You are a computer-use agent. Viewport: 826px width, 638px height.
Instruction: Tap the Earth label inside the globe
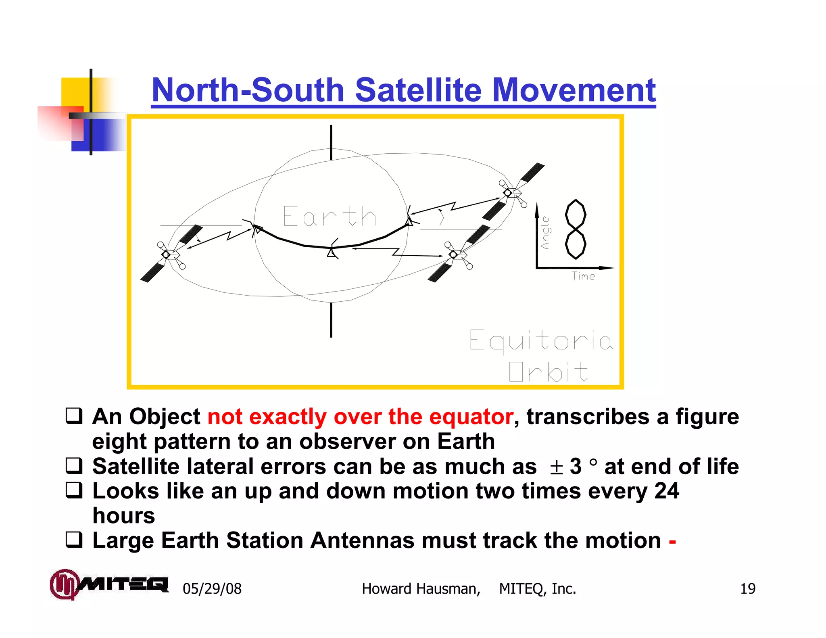(x=330, y=217)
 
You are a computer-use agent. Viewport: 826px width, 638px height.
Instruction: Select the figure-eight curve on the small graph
(x=576, y=229)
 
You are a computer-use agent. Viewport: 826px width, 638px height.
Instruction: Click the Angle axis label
(x=545, y=233)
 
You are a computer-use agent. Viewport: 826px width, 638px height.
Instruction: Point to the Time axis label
(x=583, y=276)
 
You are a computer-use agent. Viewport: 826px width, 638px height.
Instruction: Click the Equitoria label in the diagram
(x=541, y=341)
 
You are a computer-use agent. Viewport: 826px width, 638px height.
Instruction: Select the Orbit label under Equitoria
(x=548, y=371)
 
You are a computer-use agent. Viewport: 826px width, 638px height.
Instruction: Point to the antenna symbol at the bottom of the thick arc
(x=333, y=250)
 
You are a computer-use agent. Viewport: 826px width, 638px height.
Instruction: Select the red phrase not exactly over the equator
(x=360, y=417)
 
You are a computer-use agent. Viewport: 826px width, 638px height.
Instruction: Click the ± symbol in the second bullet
(x=556, y=467)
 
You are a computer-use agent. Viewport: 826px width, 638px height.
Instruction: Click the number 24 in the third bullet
(x=666, y=491)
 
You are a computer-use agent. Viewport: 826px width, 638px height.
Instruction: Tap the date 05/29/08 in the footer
(x=212, y=589)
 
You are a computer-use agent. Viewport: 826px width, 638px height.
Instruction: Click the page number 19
(x=747, y=589)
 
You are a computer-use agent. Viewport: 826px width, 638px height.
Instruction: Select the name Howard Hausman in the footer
(x=421, y=589)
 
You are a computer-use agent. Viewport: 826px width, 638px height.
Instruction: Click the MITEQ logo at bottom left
(x=108, y=584)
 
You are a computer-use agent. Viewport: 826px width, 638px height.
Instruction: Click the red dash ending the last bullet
(x=672, y=541)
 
